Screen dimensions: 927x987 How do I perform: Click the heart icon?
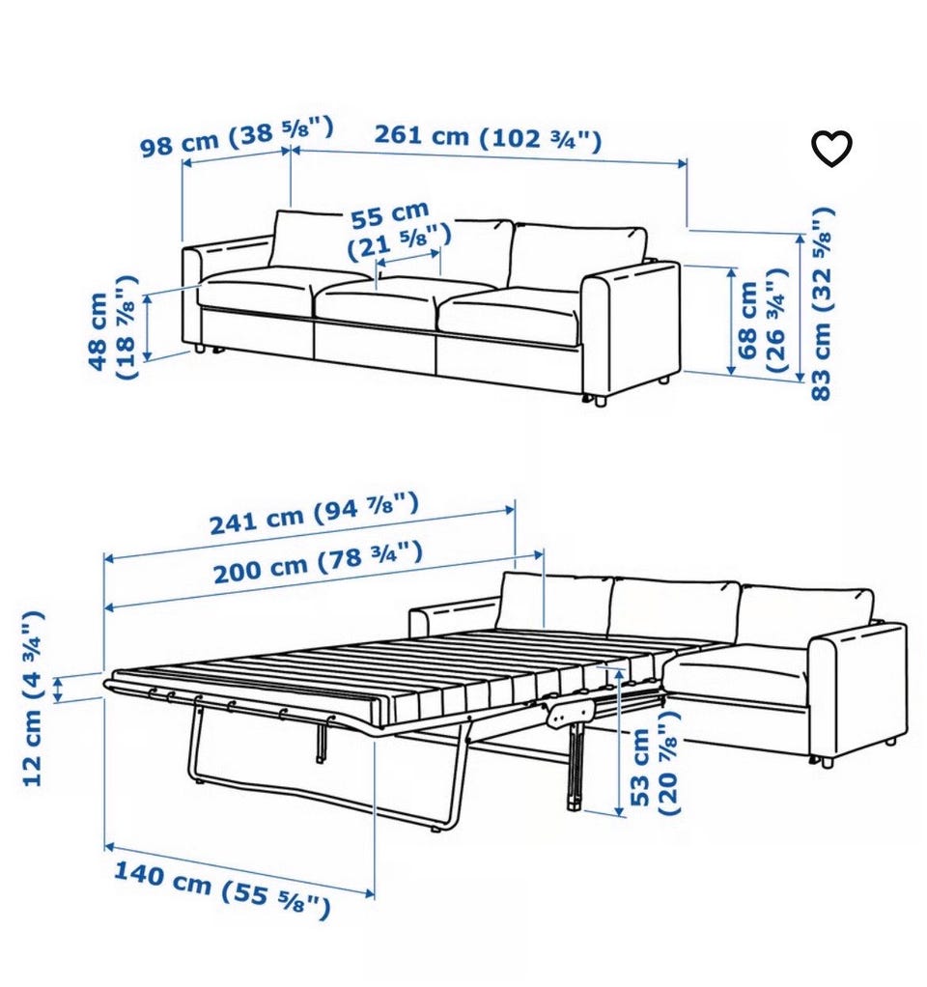(831, 149)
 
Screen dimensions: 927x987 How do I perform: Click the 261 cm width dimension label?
(489, 138)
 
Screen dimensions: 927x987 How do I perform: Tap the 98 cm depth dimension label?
(236, 136)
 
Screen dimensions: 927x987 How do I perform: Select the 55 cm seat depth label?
(399, 231)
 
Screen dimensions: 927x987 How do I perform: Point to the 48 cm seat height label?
(113, 327)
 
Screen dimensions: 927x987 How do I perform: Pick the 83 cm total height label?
(822, 303)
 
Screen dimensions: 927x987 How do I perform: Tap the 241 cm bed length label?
(314, 514)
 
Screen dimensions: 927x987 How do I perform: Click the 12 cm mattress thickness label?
(32, 698)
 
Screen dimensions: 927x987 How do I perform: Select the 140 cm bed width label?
(221, 889)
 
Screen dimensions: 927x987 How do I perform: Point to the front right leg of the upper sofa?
(600, 401)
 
